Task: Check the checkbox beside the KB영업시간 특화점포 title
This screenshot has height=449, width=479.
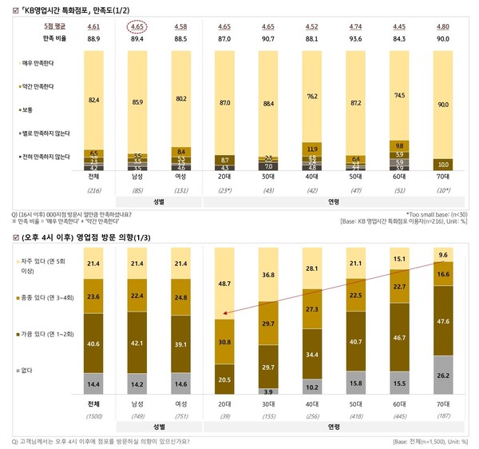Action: [6, 7]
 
